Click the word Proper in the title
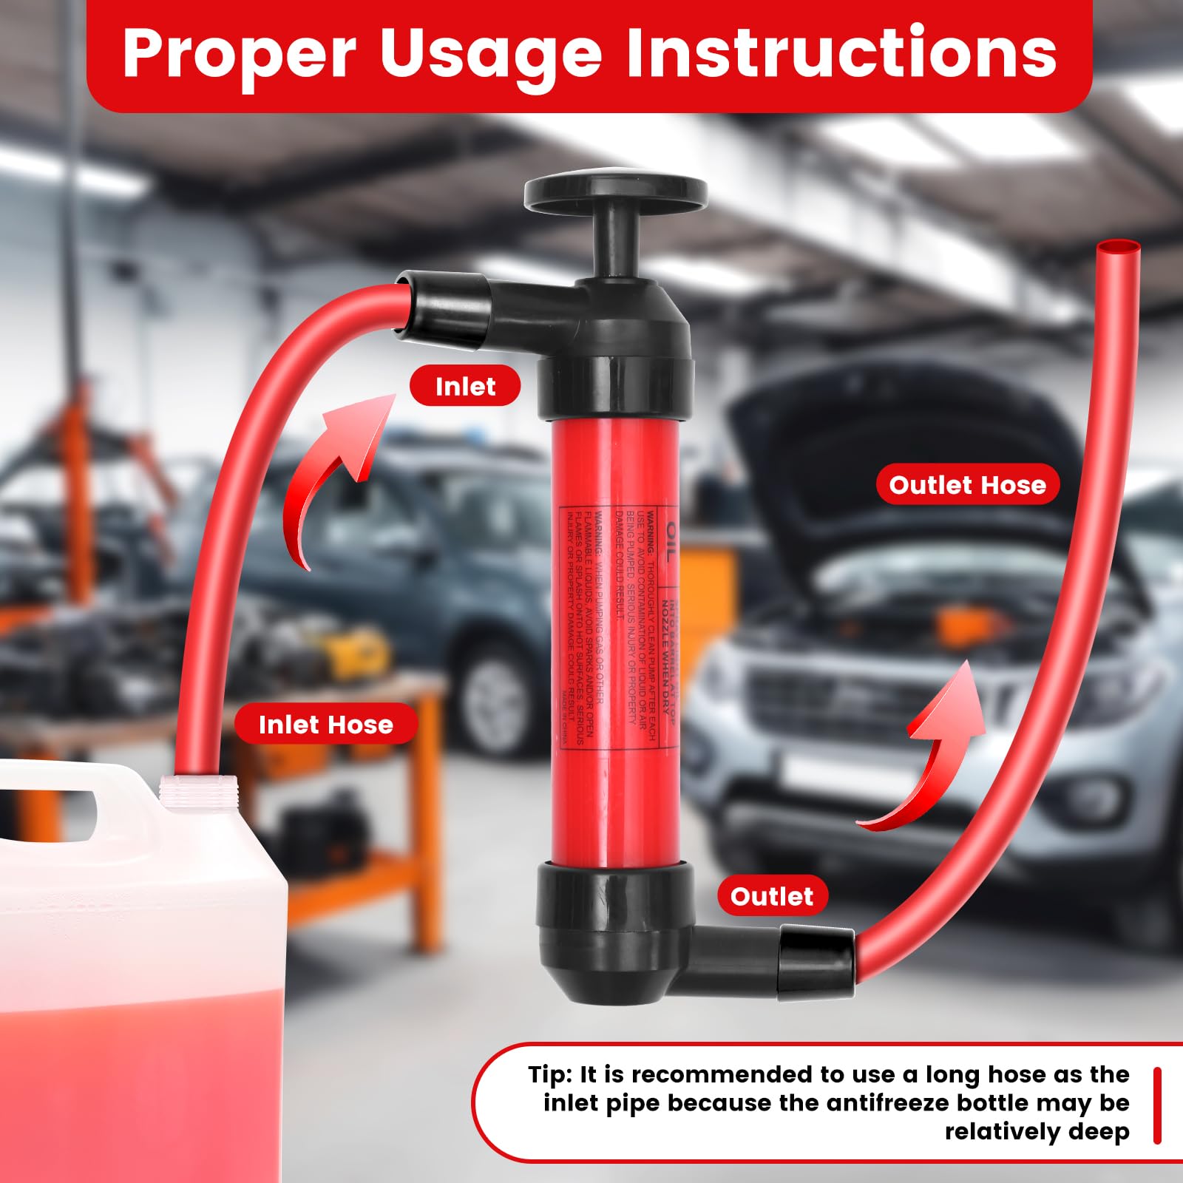coord(238,54)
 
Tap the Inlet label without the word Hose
coord(465,386)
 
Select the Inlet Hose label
coord(325,725)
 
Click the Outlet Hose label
coord(967,485)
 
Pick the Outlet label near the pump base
coord(771,896)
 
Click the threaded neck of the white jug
coord(198,790)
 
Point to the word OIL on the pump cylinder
coord(670,540)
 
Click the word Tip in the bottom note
coord(549,1074)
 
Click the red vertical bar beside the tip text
coord(1157,1105)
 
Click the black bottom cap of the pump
coord(614,932)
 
